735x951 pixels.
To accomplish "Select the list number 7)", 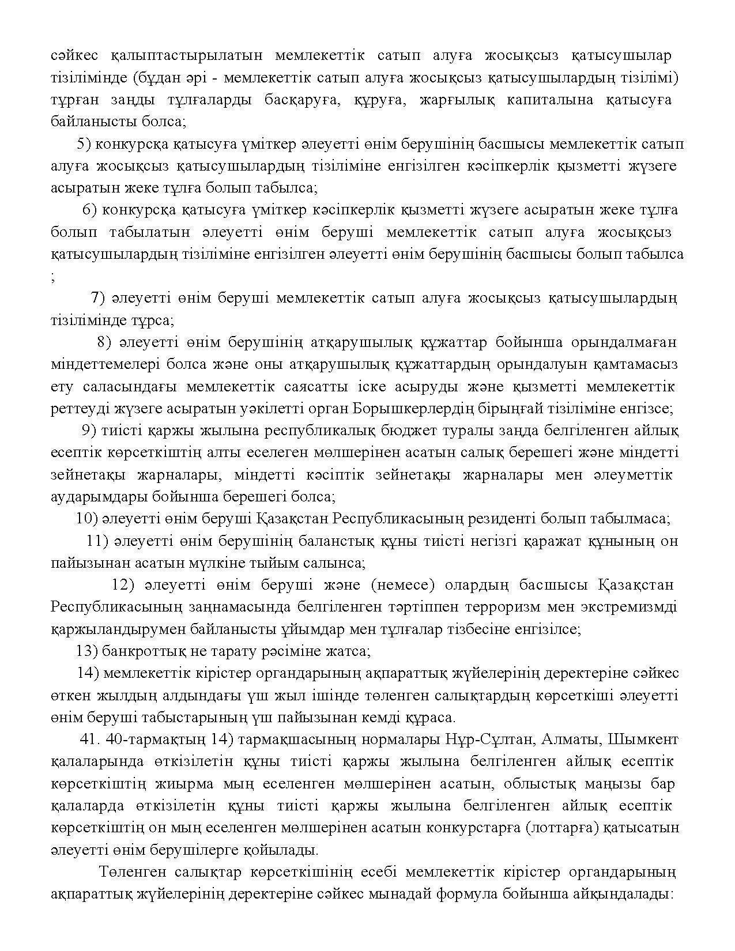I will [97, 298].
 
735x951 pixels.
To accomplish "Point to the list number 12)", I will [123, 585].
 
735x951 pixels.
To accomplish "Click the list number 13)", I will [86, 651].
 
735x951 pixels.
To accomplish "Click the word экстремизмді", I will [630, 607].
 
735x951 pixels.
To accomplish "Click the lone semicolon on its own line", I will [53, 278].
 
